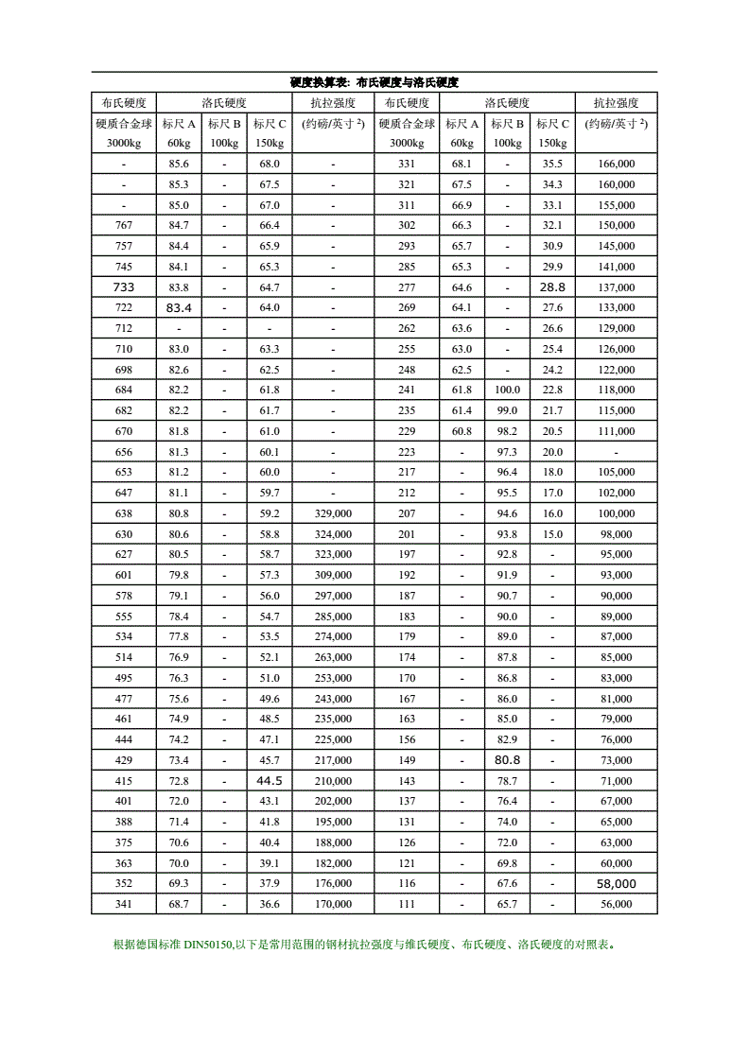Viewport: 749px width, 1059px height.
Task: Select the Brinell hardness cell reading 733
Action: (124, 286)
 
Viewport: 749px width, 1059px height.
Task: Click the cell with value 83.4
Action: (179, 307)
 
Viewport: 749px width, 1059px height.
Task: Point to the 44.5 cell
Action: (270, 780)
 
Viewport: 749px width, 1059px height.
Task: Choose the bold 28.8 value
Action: (552, 286)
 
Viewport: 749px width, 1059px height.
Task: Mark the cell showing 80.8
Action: (507, 759)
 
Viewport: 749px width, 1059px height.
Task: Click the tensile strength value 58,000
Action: (616, 883)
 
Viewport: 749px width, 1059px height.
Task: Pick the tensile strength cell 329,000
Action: (332, 513)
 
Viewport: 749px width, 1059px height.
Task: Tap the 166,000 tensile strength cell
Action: (616, 164)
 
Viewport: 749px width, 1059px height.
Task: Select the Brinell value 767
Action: (124, 225)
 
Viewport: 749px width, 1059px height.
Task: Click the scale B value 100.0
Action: (507, 390)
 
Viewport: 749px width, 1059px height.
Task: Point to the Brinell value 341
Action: (124, 904)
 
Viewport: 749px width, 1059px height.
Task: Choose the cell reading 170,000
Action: (332, 904)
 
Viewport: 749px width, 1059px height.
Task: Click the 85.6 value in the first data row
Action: (179, 164)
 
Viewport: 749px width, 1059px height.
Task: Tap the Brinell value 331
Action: (407, 164)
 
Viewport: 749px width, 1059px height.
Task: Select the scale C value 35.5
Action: (552, 164)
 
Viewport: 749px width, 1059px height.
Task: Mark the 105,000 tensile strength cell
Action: (616, 472)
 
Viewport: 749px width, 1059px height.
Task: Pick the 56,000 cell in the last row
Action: (616, 904)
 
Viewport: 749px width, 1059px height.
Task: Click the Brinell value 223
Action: (407, 452)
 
